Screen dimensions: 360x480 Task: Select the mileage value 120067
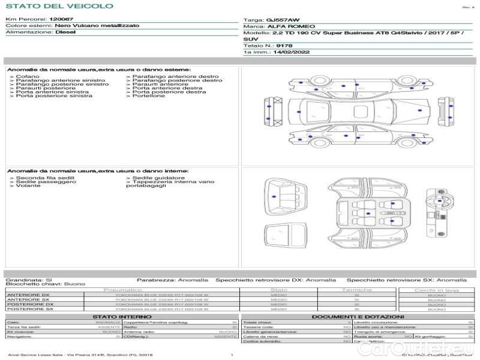[x=61, y=19]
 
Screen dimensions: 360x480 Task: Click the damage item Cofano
[x=28, y=77]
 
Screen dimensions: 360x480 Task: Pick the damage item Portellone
[x=148, y=96]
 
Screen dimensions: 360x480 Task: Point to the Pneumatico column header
[x=122, y=290]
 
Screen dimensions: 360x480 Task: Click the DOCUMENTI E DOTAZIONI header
[x=358, y=316]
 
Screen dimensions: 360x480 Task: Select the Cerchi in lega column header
[x=436, y=290]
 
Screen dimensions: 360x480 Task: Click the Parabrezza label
[x=155, y=280]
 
